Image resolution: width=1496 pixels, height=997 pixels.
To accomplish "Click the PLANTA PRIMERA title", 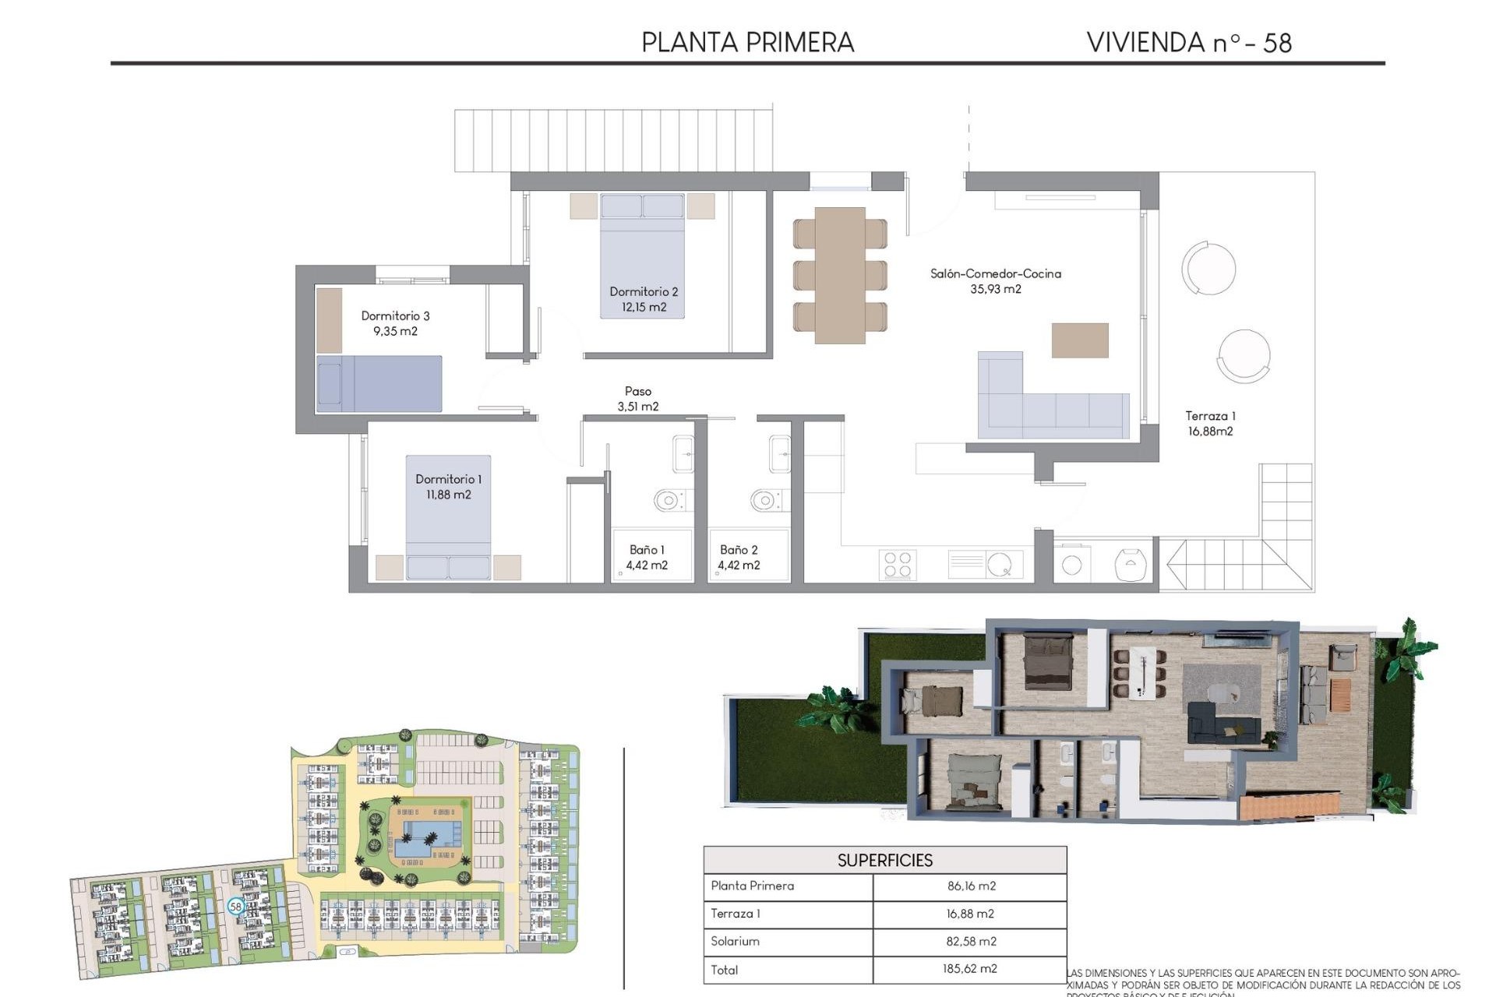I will (x=747, y=42).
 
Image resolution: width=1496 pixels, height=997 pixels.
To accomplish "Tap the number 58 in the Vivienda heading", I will (x=1277, y=43).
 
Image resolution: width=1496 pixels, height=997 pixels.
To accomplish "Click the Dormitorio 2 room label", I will (x=644, y=291).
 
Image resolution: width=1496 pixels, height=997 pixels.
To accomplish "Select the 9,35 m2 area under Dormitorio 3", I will (x=395, y=331).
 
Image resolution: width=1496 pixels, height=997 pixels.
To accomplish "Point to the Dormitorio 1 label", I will (x=448, y=479).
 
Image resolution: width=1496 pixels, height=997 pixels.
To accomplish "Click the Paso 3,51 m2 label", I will (x=638, y=399).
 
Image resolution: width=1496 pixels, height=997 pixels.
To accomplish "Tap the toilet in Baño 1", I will (x=669, y=500).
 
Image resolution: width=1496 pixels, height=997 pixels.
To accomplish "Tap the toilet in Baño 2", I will (x=764, y=500).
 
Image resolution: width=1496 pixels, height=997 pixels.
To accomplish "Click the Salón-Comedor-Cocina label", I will (x=995, y=273).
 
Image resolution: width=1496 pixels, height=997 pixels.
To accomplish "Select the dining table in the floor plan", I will (x=840, y=275).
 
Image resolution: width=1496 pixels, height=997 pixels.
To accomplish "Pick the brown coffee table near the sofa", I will (x=1079, y=340).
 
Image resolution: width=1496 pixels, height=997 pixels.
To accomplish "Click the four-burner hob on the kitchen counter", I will (x=898, y=565).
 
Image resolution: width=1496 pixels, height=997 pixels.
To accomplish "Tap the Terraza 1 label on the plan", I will (x=1210, y=416).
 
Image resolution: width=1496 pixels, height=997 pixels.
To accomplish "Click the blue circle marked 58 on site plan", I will (x=236, y=906).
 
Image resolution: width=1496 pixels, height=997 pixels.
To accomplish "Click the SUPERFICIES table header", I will (x=884, y=860).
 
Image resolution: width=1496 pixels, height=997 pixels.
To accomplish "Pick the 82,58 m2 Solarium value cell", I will (x=971, y=941).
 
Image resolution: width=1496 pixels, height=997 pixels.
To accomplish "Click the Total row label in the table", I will (x=725, y=970).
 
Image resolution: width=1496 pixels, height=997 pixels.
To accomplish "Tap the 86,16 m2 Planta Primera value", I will (x=971, y=886).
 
